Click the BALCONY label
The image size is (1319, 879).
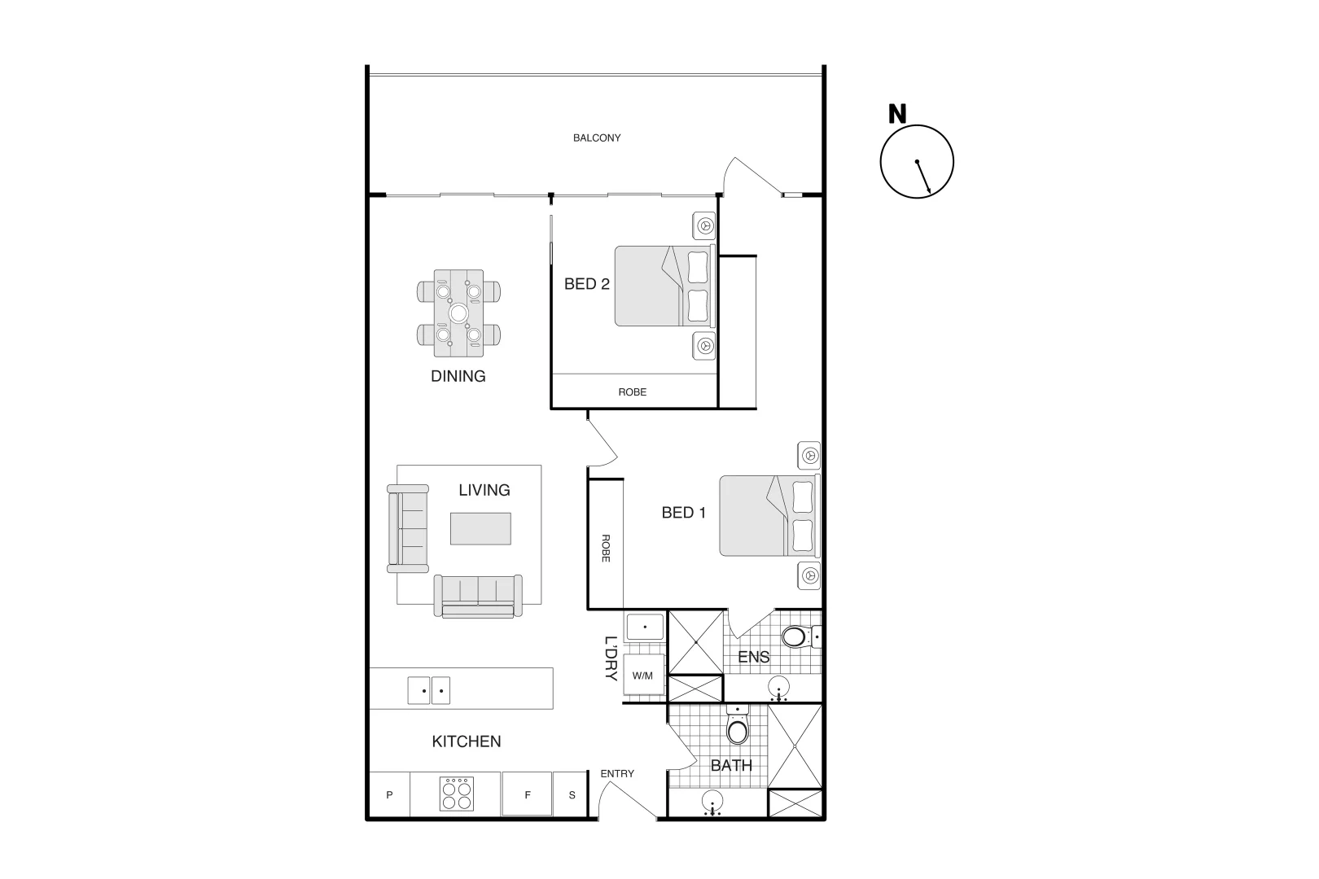coord(596,138)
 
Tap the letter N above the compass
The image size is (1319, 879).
coord(896,115)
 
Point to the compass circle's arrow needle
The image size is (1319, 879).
coord(923,177)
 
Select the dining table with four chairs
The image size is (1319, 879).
coord(458,313)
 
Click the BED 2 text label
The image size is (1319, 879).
coord(586,284)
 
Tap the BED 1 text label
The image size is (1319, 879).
coord(683,513)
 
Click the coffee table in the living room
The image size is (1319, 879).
coord(480,528)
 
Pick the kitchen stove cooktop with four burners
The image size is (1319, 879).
coord(456,794)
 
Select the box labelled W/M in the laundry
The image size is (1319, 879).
coord(642,676)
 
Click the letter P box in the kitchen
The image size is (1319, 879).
coord(389,795)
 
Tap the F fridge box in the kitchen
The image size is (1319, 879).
coord(527,795)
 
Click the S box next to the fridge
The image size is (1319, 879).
coord(572,795)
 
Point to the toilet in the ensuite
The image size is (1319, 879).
coord(795,636)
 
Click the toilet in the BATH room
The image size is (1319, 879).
coord(737,729)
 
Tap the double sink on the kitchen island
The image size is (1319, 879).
coord(428,691)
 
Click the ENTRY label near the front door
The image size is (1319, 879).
coord(616,773)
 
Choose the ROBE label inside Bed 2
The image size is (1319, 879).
coord(632,392)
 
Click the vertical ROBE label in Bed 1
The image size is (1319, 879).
coord(605,548)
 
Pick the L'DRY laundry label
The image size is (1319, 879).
coord(611,658)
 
